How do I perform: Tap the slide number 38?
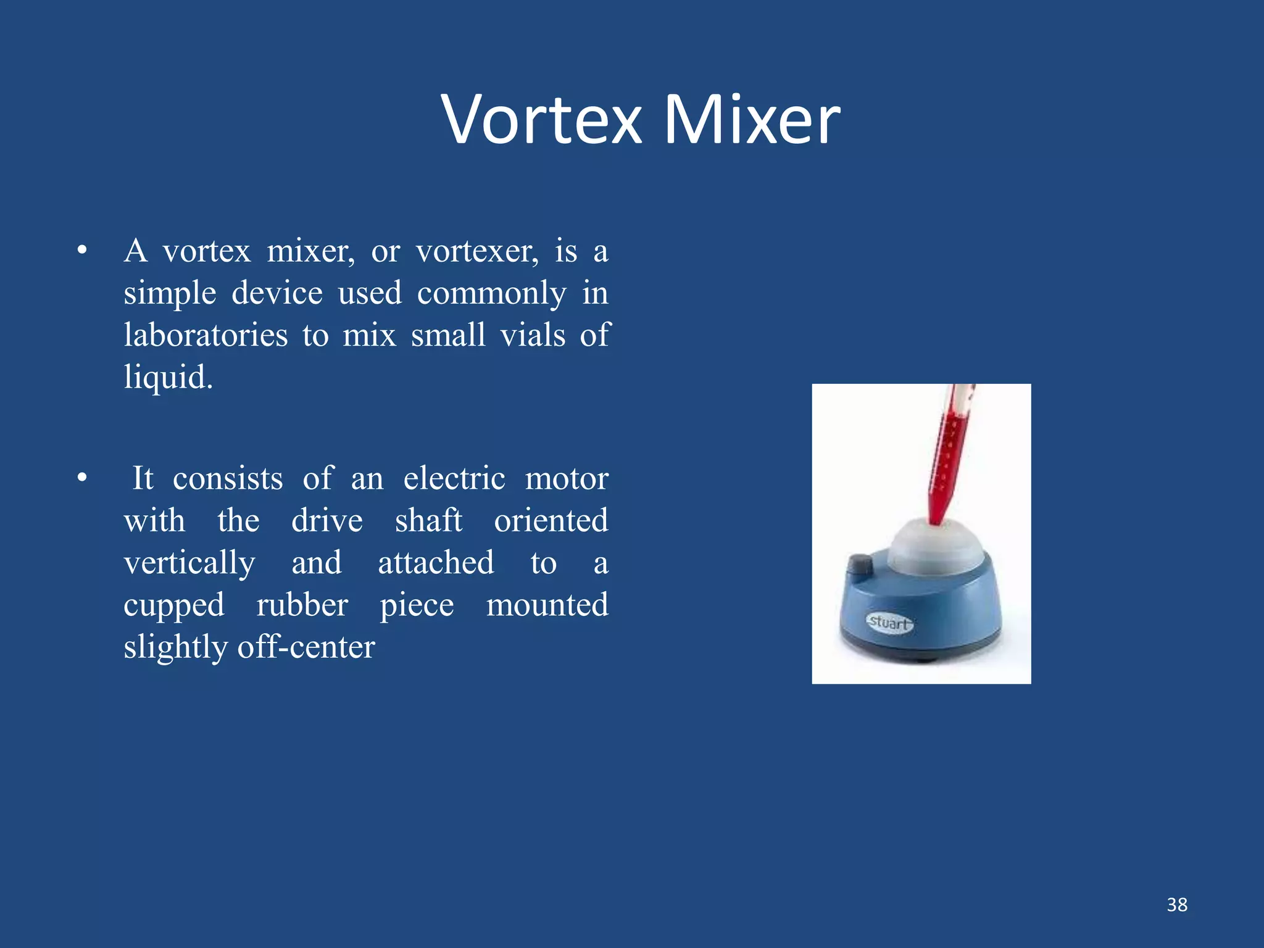coord(1177,905)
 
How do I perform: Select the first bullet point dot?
coord(82,251)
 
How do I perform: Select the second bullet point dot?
coord(82,478)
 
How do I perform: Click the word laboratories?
coord(206,336)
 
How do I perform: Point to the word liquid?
coord(168,378)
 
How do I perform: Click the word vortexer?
coord(477,252)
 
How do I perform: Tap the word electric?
coord(454,479)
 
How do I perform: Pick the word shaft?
coord(428,521)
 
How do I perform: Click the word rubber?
coord(302,605)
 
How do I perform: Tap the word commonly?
coord(491,294)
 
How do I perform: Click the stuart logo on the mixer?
coord(889,622)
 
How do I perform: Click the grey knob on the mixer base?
coord(859,565)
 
